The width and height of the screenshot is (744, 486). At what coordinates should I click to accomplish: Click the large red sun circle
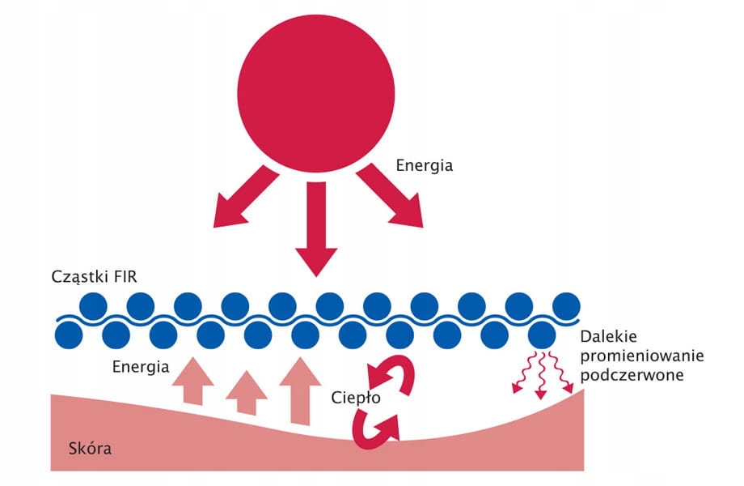(x=316, y=93)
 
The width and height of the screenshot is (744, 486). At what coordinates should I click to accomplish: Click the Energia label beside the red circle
(x=425, y=165)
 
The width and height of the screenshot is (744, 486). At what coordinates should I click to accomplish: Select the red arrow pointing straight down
(x=316, y=229)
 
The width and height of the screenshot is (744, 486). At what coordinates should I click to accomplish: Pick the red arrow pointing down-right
(x=390, y=195)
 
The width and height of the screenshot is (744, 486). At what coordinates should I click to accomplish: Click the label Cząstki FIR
(x=94, y=277)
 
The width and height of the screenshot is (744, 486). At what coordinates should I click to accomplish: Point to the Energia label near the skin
(x=141, y=367)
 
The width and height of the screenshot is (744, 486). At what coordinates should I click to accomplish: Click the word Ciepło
(x=356, y=397)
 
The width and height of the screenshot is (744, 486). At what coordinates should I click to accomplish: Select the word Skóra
(x=90, y=448)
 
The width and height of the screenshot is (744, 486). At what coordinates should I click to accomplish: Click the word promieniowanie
(x=642, y=356)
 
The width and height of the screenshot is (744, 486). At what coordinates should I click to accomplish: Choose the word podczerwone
(x=632, y=375)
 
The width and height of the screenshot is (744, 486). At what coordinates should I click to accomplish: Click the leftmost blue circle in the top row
(x=93, y=306)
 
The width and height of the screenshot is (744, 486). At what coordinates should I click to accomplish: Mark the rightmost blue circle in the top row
(x=567, y=306)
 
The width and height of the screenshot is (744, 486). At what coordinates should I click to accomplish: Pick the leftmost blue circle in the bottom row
(x=70, y=335)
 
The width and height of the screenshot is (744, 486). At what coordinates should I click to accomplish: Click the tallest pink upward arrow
(x=300, y=391)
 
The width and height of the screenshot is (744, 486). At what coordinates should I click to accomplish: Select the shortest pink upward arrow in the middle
(x=246, y=393)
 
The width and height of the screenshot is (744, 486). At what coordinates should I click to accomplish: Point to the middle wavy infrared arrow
(x=540, y=375)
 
